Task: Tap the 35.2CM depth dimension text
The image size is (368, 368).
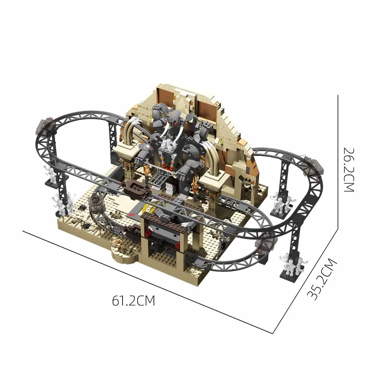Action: [322, 279]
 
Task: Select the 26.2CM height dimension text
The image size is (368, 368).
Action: [348, 170]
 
